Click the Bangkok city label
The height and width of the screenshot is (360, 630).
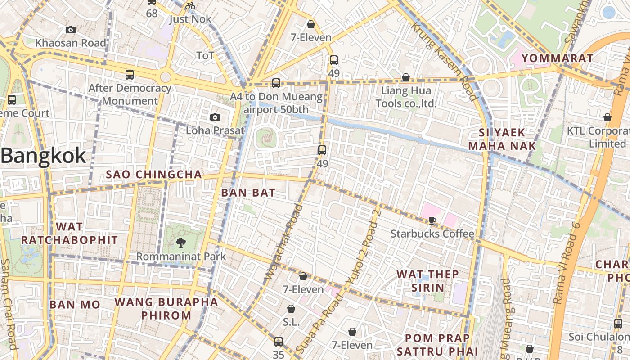(x=43, y=156)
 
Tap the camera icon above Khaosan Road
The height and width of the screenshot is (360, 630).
(x=71, y=30)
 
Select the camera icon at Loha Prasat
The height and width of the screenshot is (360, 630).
(x=215, y=117)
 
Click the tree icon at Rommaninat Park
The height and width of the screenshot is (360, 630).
(x=181, y=243)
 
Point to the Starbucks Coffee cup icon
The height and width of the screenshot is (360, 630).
(x=432, y=220)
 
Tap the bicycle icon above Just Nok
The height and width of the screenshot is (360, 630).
(x=190, y=6)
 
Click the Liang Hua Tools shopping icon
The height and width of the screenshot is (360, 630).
(x=405, y=77)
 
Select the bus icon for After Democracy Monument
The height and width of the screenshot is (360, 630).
(x=130, y=75)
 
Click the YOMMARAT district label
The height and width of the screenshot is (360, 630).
(x=557, y=58)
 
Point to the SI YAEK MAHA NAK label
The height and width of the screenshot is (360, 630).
(x=502, y=139)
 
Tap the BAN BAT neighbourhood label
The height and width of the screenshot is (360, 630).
(x=248, y=193)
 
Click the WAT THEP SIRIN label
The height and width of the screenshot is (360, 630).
(x=427, y=281)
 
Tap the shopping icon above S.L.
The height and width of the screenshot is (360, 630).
(x=291, y=309)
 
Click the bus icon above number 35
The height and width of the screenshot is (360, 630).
(x=279, y=341)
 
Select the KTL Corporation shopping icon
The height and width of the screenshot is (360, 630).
(x=607, y=117)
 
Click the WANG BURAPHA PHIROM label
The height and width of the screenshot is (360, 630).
(x=166, y=308)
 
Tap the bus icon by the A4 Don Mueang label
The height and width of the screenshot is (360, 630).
(x=276, y=83)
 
